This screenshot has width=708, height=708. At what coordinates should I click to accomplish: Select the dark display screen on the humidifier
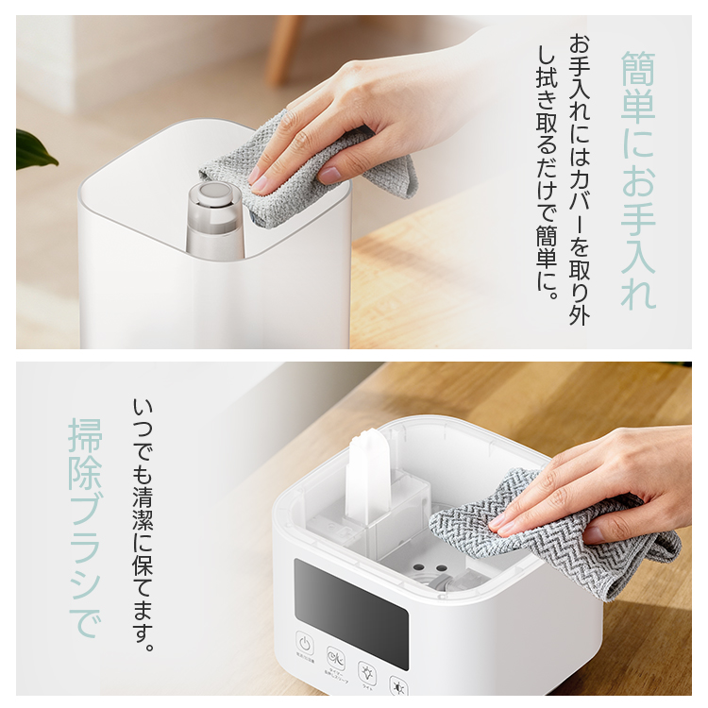click(350, 600)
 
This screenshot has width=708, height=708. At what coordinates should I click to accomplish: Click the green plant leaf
click(33, 149)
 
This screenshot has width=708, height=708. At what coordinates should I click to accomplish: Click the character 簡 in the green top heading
click(639, 68)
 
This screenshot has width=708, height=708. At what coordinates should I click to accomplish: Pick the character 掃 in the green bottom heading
click(85, 435)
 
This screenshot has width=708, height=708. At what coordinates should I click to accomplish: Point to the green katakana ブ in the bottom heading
click(85, 528)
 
